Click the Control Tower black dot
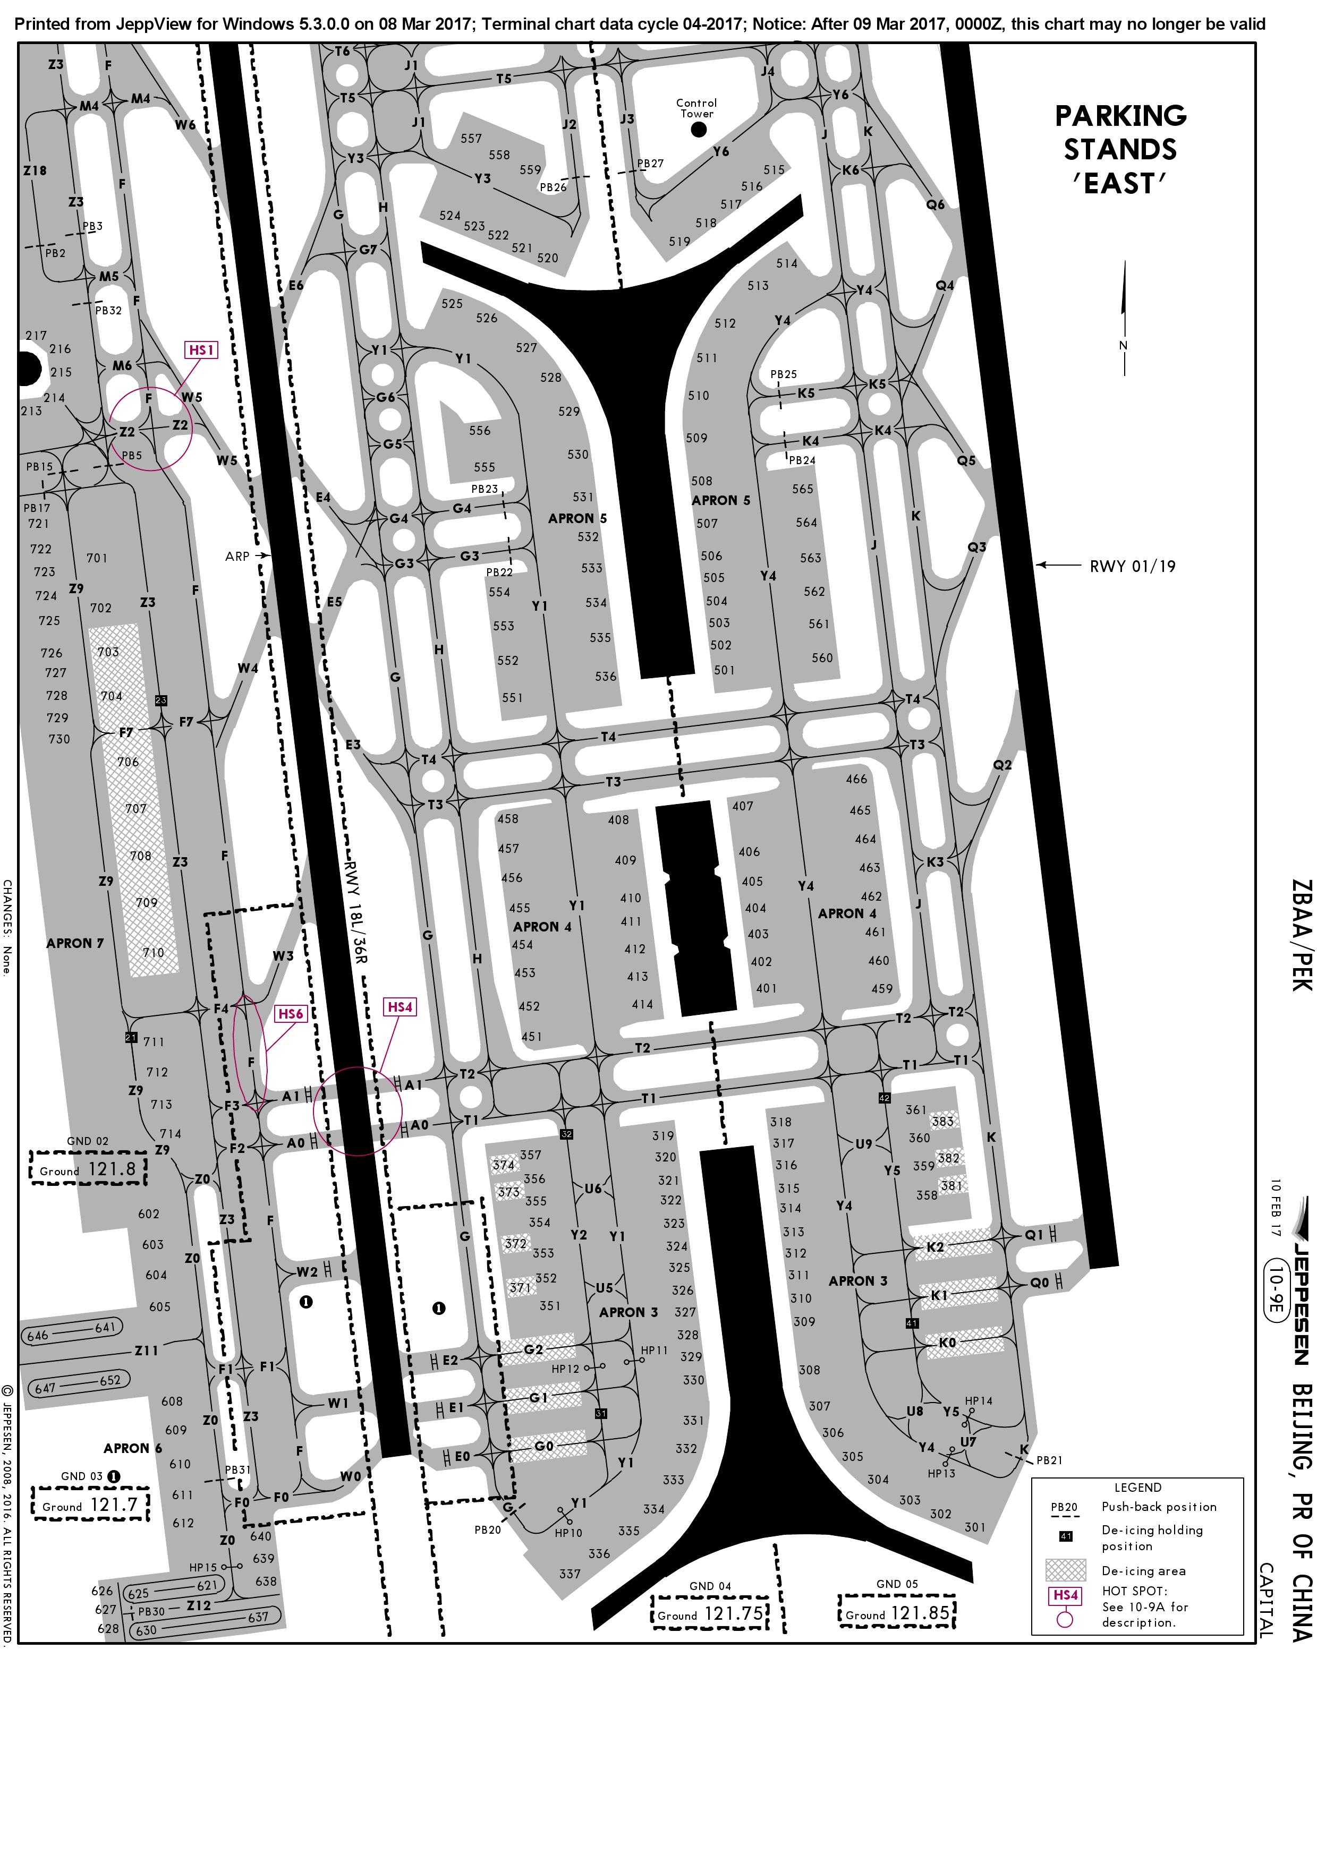699,129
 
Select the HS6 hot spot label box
291,1013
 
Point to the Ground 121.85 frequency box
897,1606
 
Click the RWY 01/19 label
1132,566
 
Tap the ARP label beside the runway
237,557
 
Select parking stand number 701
97,558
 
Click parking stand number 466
856,779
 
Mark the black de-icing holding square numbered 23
160,700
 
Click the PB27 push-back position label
650,163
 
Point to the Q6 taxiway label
936,204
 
